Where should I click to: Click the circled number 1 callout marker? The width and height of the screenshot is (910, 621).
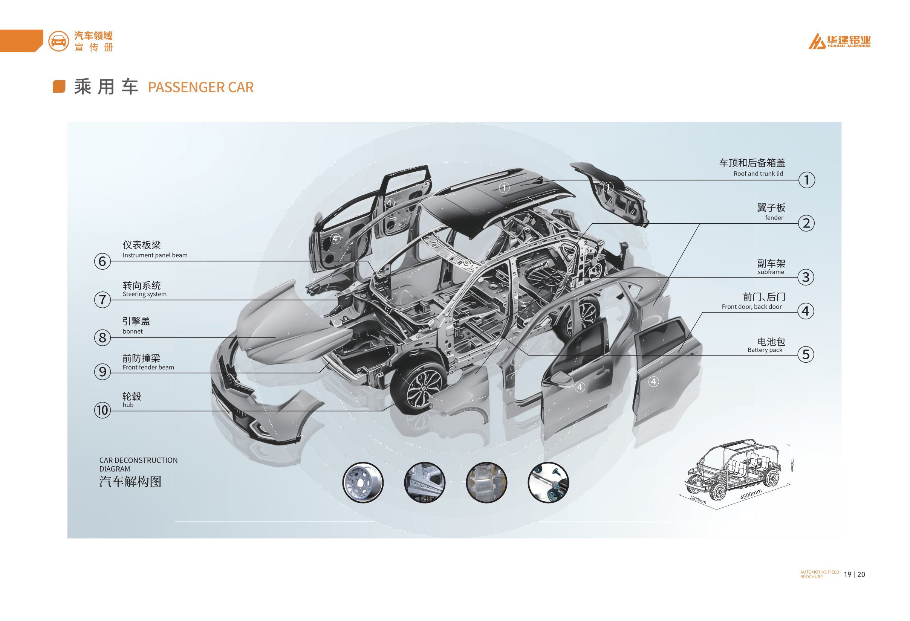tap(806, 180)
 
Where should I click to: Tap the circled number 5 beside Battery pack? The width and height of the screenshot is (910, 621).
tap(806, 354)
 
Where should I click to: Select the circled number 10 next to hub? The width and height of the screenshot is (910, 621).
tap(102, 410)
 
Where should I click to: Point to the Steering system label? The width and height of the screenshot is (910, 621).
tap(144, 294)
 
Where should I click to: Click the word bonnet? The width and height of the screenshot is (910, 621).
tap(133, 331)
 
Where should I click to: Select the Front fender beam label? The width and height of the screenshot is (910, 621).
tap(148, 368)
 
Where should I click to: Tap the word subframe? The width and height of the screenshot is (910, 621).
tap(771, 272)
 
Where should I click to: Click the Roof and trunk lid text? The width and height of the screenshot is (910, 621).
tap(758, 174)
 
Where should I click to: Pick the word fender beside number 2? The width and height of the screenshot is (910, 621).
tap(774, 218)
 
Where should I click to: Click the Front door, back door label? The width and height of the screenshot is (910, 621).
tap(751, 307)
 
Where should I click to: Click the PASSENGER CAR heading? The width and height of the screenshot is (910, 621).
tap(200, 87)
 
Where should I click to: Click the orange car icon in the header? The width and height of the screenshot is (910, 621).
tap(58, 41)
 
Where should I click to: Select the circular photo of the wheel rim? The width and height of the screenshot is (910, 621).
tap(362, 482)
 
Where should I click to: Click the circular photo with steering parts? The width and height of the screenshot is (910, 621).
tap(548, 482)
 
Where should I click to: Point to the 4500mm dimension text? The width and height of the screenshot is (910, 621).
tap(751, 494)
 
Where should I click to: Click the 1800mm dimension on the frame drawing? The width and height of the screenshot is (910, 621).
tap(698, 500)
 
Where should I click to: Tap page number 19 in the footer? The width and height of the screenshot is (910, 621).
tap(847, 574)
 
